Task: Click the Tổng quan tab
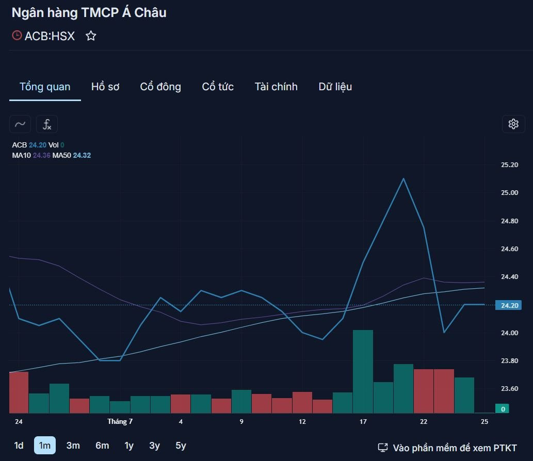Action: (45, 87)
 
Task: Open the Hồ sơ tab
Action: (105, 87)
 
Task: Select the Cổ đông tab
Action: (160, 87)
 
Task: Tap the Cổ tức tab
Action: (218, 87)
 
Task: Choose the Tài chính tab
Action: (276, 87)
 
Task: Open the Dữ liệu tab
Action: (335, 87)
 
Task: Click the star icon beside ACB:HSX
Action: (91, 36)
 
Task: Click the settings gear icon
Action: (513, 124)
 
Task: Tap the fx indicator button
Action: (47, 124)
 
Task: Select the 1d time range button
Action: (19, 446)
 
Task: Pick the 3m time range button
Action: (73, 446)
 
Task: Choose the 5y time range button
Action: (181, 446)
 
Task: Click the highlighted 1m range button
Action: (44, 446)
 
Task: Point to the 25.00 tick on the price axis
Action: (510, 193)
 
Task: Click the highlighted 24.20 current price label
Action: (509, 305)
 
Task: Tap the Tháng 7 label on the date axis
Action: (120, 422)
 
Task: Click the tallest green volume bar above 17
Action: (363, 372)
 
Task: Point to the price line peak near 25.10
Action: (403, 179)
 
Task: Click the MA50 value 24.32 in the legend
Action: (82, 156)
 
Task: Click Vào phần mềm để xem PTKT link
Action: (447, 448)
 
